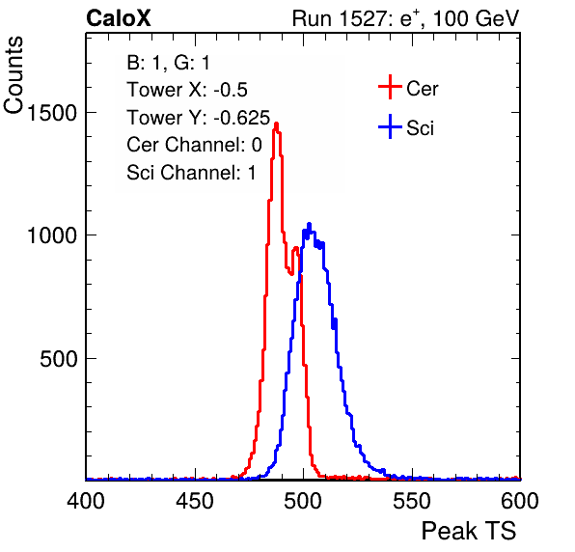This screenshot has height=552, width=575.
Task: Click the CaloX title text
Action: [119, 18]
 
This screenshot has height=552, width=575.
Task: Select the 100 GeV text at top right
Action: [476, 18]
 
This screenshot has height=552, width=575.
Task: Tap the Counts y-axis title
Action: [14, 75]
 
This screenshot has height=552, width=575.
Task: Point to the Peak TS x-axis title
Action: [469, 531]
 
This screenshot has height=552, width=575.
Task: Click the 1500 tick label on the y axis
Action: [52, 113]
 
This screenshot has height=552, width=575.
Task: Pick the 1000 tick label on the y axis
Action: [52, 235]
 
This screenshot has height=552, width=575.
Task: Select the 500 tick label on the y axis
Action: [59, 359]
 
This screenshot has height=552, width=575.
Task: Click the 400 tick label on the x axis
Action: [86, 500]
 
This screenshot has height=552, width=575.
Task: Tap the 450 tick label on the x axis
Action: [195, 500]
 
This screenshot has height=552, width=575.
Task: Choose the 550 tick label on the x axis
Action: [411, 500]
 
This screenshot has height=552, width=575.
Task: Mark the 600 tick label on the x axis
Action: [520, 500]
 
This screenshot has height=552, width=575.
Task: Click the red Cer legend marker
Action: [390, 87]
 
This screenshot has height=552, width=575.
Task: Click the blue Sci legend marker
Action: [390, 127]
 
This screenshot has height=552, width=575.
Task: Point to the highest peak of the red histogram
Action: [276, 124]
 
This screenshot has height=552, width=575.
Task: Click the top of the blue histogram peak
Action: [309, 223]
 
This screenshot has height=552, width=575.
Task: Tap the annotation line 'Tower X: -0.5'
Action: [187, 90]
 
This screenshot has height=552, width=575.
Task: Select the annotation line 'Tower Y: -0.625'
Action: [199, 118]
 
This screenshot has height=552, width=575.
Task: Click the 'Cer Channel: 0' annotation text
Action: [194, 145]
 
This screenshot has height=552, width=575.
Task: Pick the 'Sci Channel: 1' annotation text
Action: [191, 173]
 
